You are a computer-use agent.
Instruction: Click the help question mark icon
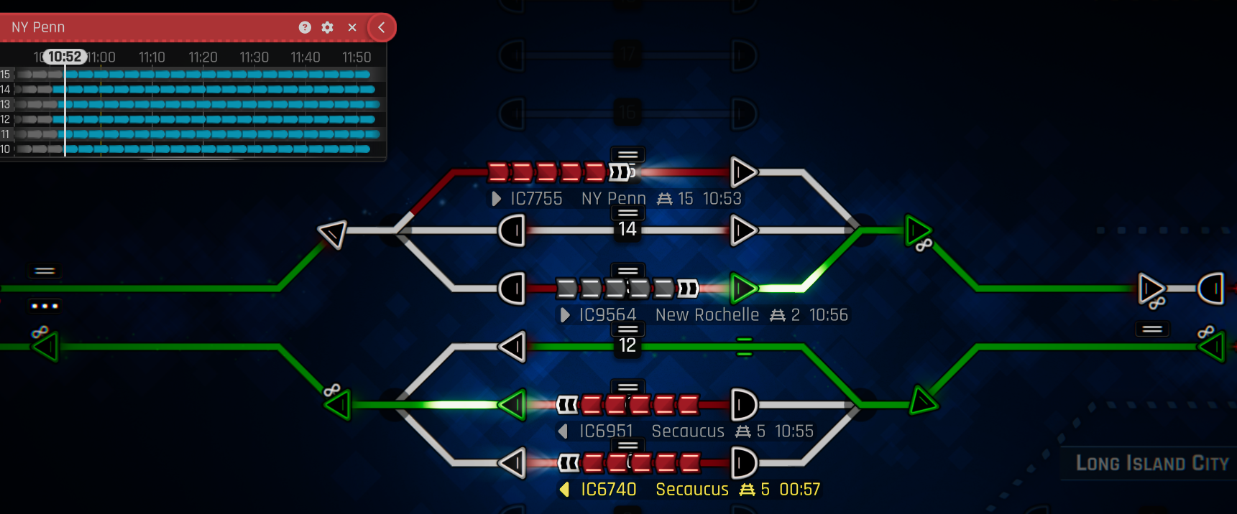point(305,27)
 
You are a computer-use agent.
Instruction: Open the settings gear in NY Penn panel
point(328,27)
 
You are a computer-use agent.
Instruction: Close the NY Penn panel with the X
point(352,27)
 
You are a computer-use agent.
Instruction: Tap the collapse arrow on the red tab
point(382,27)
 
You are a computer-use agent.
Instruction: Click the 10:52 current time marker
point(65,57)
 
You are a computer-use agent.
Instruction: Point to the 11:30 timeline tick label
point(254,57)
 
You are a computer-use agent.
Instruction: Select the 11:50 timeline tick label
point(357,57)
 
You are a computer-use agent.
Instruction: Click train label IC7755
point(536,199)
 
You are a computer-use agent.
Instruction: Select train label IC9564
point(607,315)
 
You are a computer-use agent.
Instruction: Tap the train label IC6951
point(606,431)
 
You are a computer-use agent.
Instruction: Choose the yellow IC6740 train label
point(608,490)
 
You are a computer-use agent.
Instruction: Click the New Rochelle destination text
point(707,315)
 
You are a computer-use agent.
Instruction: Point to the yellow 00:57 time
point(799,490)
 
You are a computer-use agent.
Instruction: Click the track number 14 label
point(627,229)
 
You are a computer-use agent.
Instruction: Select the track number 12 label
point(627,345)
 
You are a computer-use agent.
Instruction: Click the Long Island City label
point(1151,463)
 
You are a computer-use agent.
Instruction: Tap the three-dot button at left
point(45,306)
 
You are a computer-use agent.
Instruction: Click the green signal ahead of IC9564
point(743,289)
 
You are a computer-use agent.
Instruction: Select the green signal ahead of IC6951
point(513,405)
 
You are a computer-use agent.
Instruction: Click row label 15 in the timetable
point(6,75)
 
